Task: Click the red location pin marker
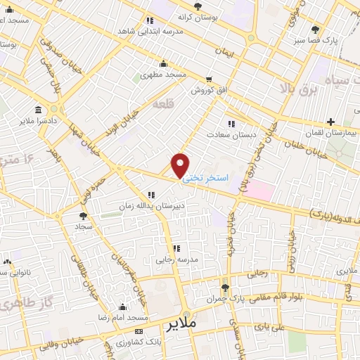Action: pyautogui.click(x=181, y=165)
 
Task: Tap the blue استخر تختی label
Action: pyautogui.click(x=205, y=179)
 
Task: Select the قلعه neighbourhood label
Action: pyautogui.click(x=163, y=105)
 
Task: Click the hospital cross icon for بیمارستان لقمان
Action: pyautogui.click(x=330, y=103)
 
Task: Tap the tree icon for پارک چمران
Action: pyautogui.click(x=225, y=288)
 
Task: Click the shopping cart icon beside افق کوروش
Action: pyautogui.click(x=208, y=79)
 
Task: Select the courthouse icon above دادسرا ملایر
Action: pyautogui.click(x=37, y=109)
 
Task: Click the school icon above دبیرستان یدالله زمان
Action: pyautogui.click(x=151, y=195)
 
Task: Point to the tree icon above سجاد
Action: pyautogui.click(x=84, y=216)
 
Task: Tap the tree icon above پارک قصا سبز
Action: pyautogui.click(x=314, y=30)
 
